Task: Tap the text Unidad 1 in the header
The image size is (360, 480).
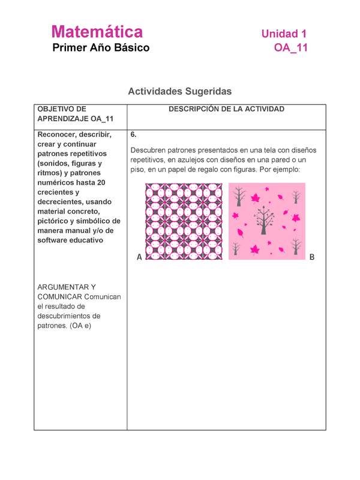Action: pyautogui.click(x=284, y=34)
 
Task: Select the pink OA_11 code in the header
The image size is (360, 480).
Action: pyautogui.click(x=290, y=48)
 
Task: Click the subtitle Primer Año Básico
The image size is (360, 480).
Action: pyautogui.click(x=101, y=48)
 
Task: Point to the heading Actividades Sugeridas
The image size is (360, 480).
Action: pyautogui.click(x=179, y=92)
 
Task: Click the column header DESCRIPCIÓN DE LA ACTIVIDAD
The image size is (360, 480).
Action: pyautogui.click(x=226, y=109)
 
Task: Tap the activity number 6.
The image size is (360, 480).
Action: pyautogui.click(x=133, y=135)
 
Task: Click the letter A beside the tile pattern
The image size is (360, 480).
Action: pyautogui.click(x=139, y=257)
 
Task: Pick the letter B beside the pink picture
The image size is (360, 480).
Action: pyautogui.click(x=311, y=257)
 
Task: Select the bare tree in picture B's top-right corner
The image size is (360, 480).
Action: pyautogui.click(x=295, y=196)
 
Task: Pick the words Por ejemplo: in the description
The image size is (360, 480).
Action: pyautogui.click(x=280, y=169)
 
